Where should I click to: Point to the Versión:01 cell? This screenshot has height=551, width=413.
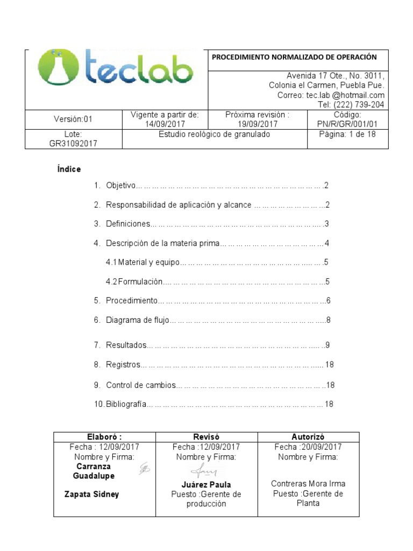[x=73, y=119]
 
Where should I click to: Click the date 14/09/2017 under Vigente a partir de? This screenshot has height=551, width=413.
[x=165, y=124]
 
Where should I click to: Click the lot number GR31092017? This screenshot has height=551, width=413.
[x=73, y=144]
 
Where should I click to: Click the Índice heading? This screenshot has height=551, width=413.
[x=69, y=169]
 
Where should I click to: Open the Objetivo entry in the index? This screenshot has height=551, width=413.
[x=120, y=186]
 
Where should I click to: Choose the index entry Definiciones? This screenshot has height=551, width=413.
[x=128, y=224]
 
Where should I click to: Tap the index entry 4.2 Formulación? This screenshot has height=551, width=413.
[x=134, y=281]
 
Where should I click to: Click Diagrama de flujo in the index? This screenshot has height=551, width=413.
[x=137, y=320]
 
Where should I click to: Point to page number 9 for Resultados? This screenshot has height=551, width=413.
[x=327, y=345]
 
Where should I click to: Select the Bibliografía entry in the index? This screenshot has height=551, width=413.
[x=126, y=404]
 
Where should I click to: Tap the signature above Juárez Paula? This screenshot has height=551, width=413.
[x=205, y=471]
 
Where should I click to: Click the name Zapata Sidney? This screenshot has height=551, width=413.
[x=91, y=495]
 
